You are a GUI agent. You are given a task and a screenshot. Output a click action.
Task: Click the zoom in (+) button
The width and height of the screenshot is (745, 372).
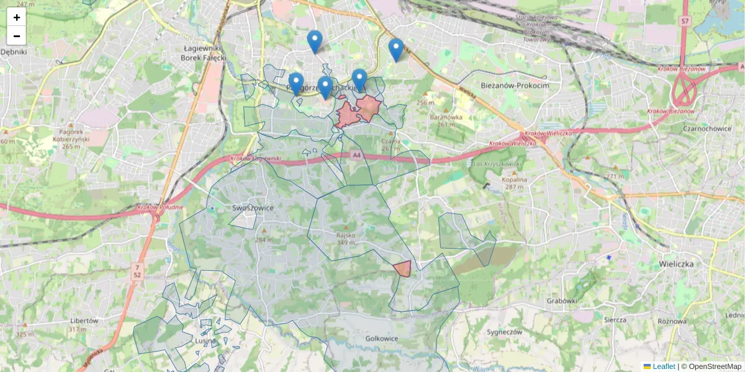tap(17, 17)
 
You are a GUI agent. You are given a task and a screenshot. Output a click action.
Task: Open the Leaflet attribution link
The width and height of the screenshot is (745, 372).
tap(663, 366)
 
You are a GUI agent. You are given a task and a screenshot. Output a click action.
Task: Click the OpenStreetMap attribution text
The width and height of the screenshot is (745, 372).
tap(715, 366)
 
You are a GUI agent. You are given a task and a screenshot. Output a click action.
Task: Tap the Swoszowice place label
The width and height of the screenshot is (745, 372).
tap(253, 208)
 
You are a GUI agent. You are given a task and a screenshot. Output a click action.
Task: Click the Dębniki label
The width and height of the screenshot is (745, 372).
tap(14, 52)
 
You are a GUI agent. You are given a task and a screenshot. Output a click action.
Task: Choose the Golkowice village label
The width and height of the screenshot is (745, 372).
tap(382, 339)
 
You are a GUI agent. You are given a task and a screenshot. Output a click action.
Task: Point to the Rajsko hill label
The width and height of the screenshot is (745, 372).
tap(345, 236)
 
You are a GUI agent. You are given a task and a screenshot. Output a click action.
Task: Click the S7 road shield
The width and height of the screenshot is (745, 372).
tap(685, 21)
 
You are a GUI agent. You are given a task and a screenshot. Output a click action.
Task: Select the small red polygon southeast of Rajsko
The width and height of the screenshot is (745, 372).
tap(402, 268)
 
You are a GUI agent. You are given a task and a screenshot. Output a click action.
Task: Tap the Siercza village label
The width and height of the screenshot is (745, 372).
tap(615, 320)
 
